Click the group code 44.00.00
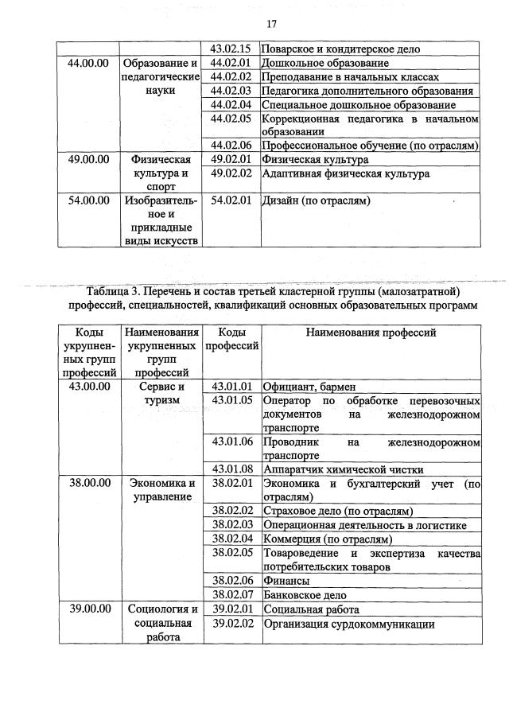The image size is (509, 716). pyautogui.click(x=87, y=63)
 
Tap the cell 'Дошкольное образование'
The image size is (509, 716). pyautogui.click(x=325, y=63)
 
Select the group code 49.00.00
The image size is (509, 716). pyautogui.click(x=87, y=159)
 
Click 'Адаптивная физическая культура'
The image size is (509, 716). pyautogui.click(x=346, y=173)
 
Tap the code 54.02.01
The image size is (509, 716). pyautogui.click(x=231, y=200)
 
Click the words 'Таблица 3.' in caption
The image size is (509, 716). pyautogui.click(x=114, y=291)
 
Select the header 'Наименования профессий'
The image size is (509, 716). pyautogui.click(x=371, y=333)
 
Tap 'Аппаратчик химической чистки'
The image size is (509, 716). pyautogui.click(x=343, y=469)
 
